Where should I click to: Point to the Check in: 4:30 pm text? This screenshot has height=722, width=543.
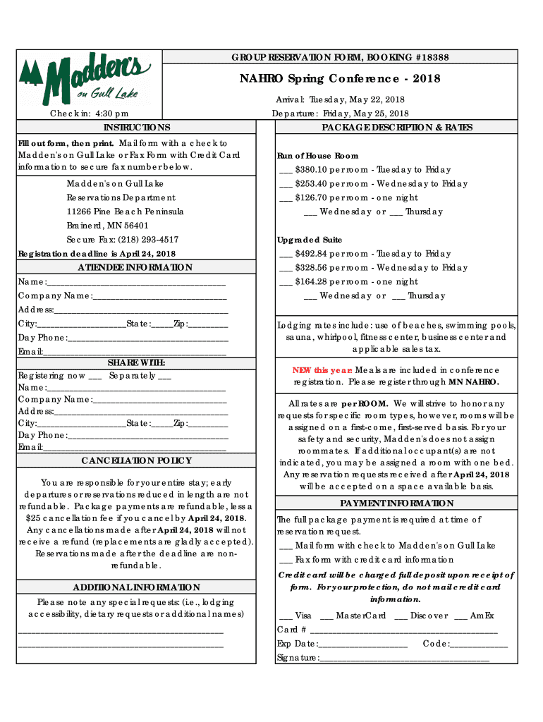coord(89,114)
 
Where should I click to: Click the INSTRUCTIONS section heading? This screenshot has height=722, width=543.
coord(137,128)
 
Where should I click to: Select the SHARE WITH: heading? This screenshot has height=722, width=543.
coord(136,362)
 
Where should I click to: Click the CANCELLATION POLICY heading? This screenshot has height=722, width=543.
coord(136,460)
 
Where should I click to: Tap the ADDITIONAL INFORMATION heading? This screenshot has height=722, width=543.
coord(136,587)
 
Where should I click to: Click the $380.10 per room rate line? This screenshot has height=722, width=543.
coord(365,170)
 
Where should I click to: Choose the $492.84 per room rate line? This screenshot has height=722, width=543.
coord(365,254)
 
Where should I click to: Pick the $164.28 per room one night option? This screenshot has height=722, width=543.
coord(349,282)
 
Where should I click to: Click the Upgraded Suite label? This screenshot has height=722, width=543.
coord(310,240)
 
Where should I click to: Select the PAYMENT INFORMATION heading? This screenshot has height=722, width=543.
coord(396,503)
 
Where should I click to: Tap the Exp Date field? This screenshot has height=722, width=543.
coord(362,644)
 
